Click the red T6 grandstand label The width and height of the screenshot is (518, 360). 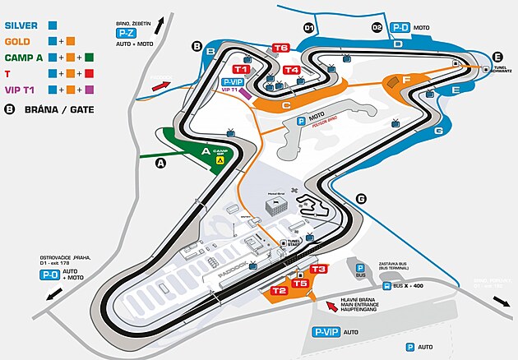[x=281, y=48]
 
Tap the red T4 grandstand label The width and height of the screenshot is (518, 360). [x=291, y=70]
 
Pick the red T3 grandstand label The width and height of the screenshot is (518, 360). [x=319, y=269]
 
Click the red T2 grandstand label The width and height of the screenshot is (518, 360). [x=279, y=290]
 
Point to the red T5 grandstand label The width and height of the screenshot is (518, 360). [x=300, y=284]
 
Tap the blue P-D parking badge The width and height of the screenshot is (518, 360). [x=400, y=27]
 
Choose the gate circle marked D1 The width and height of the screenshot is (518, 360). [x=309, y=28]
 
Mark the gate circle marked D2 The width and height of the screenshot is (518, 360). [x=377, y=28]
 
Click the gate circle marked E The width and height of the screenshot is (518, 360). [x=497, y=57]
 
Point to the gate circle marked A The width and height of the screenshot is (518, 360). [x=160, y=163]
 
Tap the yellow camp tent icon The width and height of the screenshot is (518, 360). [x=220, y=161]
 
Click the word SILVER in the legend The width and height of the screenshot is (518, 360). [x=23, y=25]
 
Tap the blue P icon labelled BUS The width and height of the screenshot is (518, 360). [x=359, y=266]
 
